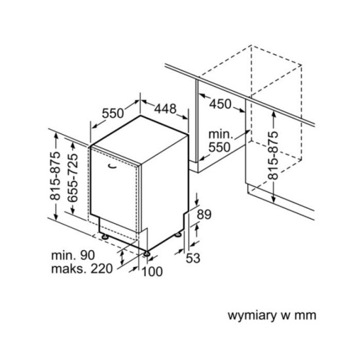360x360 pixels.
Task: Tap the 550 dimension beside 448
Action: [x=113, y=113]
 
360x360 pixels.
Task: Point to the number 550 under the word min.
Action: [x=219, y=147]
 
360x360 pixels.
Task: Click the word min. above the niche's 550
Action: [x=218, y=134]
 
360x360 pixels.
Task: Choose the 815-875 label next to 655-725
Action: [x=56, y=177]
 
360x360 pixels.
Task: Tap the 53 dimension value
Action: [x=192, y=259]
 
